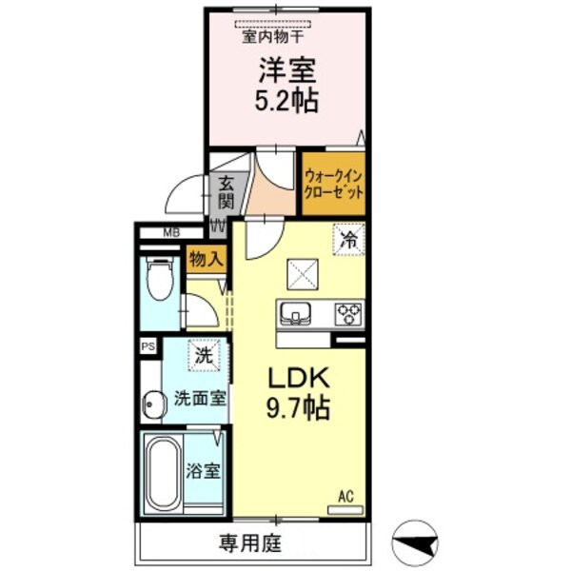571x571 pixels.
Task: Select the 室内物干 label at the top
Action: [x=272, y=38]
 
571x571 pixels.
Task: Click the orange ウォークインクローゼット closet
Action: [x=334, y=183]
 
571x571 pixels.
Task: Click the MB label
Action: [x=170, y=232]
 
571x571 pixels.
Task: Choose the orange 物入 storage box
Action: [x=206, y=258]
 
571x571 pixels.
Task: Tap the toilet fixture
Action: [x=160, y=279]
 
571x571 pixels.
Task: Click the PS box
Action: [x=148, y=347]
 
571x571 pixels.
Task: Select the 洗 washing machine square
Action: [x=203, y=356]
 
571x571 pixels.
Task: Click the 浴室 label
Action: [x=205, y=471]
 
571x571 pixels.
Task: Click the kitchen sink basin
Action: [x=295, y=312]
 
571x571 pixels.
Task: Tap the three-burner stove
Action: [x=348, y=312]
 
